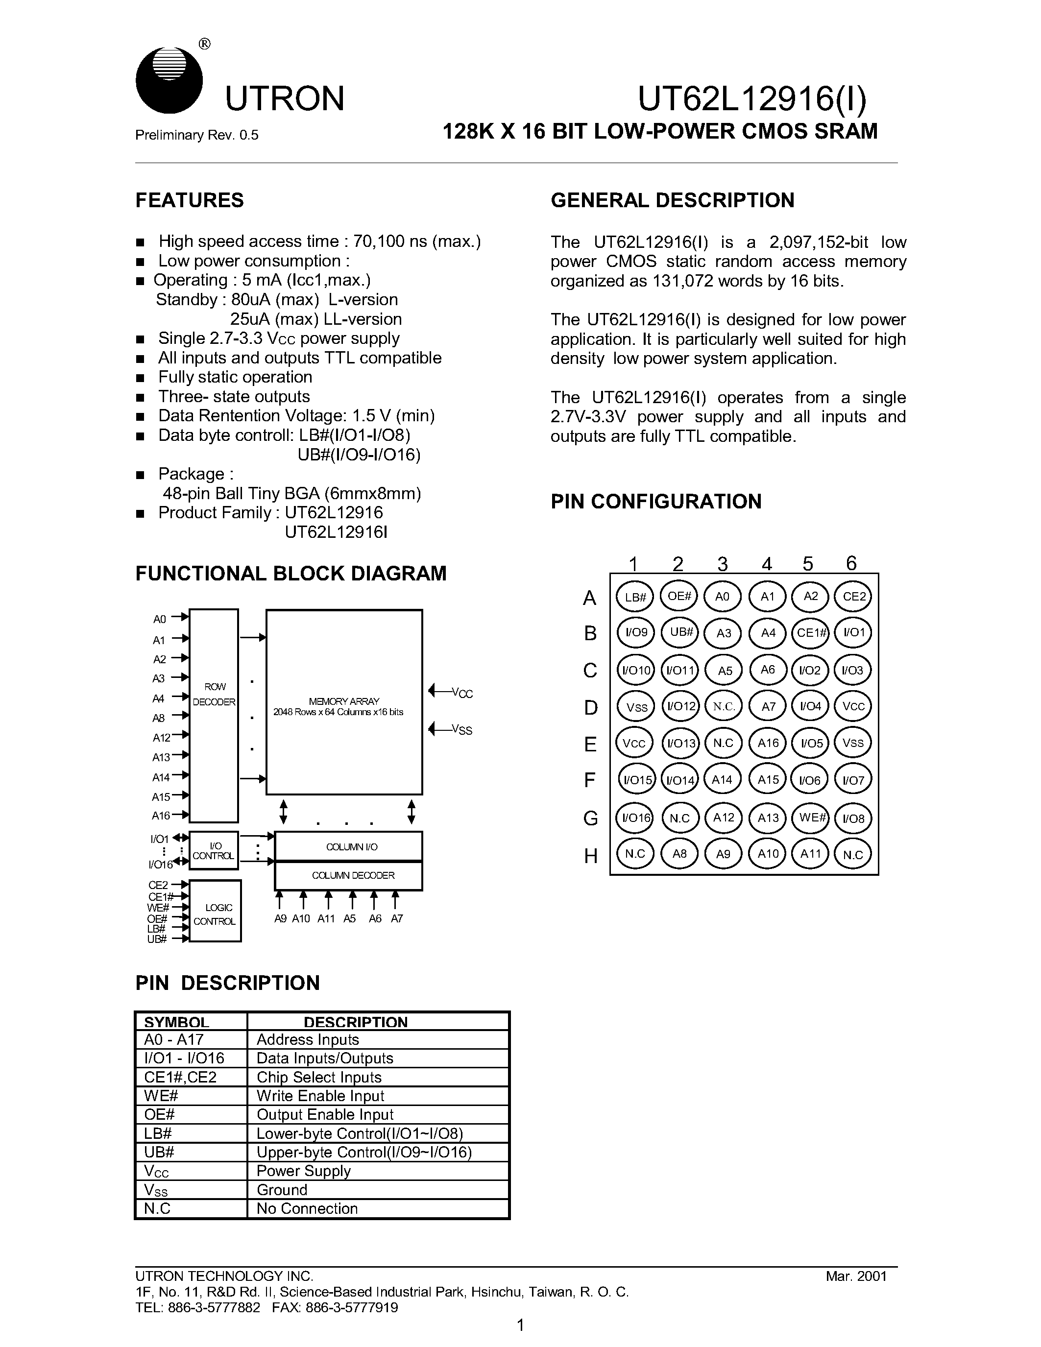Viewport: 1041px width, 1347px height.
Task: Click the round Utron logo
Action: (169, 81)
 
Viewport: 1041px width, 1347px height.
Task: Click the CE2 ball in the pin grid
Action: (853, 597)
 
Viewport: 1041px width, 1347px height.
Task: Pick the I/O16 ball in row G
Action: (635, 818)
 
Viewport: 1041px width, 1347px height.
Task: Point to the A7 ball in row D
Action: (768, 706)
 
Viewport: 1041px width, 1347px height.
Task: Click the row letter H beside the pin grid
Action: (590, 855)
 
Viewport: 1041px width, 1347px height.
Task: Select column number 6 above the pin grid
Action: (851, 562)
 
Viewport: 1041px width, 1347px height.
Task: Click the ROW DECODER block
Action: (214, 716)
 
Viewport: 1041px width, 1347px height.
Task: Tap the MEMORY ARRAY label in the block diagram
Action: (343, 702)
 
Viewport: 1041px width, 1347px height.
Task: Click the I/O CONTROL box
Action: (214, 850)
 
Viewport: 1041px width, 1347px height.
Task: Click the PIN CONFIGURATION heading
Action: (655, 502)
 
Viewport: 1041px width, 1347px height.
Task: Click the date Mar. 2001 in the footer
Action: (856, 1276)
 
